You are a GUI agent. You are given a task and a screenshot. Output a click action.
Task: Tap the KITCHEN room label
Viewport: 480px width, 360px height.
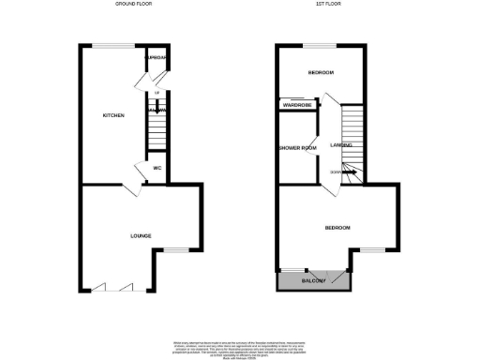113,116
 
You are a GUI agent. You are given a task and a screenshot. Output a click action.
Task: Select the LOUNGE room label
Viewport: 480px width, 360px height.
141,235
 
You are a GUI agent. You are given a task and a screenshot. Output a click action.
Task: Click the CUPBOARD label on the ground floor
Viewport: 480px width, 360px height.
156,58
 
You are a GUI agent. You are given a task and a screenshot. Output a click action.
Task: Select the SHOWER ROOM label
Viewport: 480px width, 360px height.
296,147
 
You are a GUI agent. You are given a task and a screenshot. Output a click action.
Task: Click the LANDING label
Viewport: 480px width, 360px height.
341,145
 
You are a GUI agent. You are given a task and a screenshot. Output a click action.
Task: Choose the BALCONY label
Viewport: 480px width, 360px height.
314,281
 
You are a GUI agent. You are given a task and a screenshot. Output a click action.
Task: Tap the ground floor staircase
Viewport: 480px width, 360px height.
157,127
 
